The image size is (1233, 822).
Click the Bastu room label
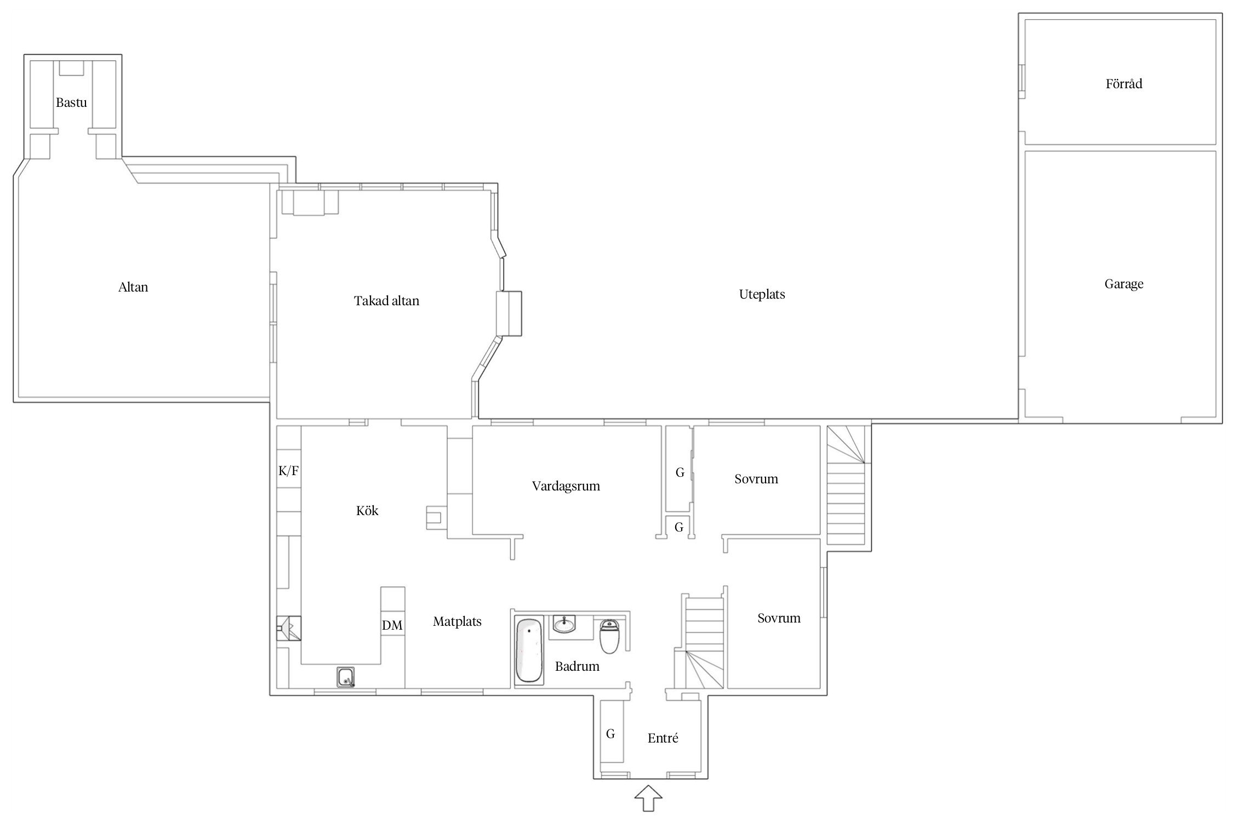click(71, 102)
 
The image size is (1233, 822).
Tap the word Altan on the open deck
click(133, 287)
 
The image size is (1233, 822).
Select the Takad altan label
click(386, 301)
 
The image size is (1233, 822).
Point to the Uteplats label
click(762, 295)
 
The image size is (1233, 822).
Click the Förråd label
click(1124, 84)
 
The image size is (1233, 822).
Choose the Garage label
click(1124, 284)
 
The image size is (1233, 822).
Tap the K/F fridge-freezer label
click(289, 471)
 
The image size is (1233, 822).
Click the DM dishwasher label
click(392, 625)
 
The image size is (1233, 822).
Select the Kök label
click(367, 511)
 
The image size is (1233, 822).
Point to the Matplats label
click(457, 621)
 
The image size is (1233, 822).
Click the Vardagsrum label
click(566, 486)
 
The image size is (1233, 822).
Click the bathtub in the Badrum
click(529, 650)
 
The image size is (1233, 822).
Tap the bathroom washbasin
click(564, 624)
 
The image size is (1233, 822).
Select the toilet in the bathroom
click(609, 636)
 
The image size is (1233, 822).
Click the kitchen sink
click(346, 677)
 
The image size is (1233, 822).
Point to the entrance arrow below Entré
click(648, 798)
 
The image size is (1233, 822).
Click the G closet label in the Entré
click(610, 734)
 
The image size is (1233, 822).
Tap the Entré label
click(663, 738)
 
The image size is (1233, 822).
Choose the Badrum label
click(577, 666)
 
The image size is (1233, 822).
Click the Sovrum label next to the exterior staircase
click(756, 479)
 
